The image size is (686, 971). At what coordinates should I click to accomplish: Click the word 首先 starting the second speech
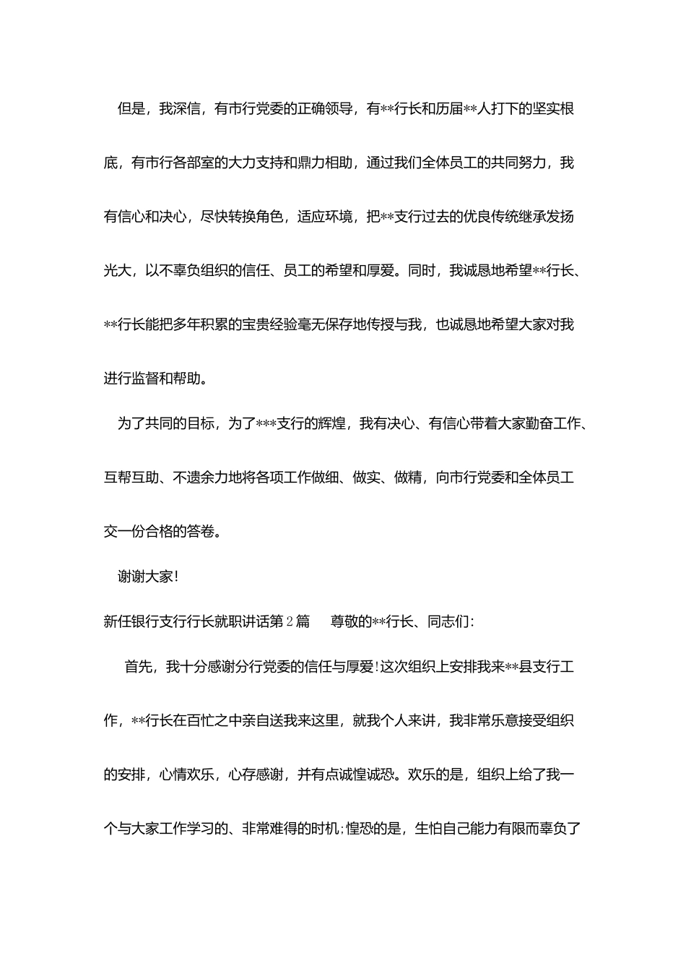pyautogui.click(x=138, y=667)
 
